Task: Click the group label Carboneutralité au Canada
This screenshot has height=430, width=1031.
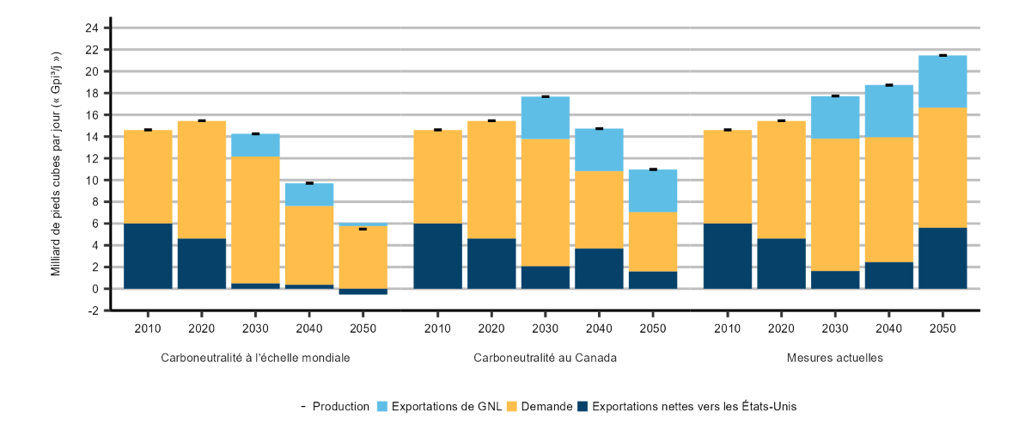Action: [546, 357]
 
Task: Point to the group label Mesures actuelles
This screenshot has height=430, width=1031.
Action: [835, 357]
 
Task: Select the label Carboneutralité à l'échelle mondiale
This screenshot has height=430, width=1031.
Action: [255, 357]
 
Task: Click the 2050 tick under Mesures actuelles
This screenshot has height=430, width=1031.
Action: [943, 328]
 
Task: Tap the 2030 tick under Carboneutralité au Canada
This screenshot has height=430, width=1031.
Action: [546, 328]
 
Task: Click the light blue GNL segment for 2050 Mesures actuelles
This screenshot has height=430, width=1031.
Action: [943, 82]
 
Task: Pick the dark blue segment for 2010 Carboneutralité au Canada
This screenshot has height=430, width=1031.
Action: [438, 256]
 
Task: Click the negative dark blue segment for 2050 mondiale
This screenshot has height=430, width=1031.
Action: [363, 292]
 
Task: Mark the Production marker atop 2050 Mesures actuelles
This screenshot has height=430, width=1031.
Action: [943, 55]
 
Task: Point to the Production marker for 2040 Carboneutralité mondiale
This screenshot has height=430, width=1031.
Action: [309, 183]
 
